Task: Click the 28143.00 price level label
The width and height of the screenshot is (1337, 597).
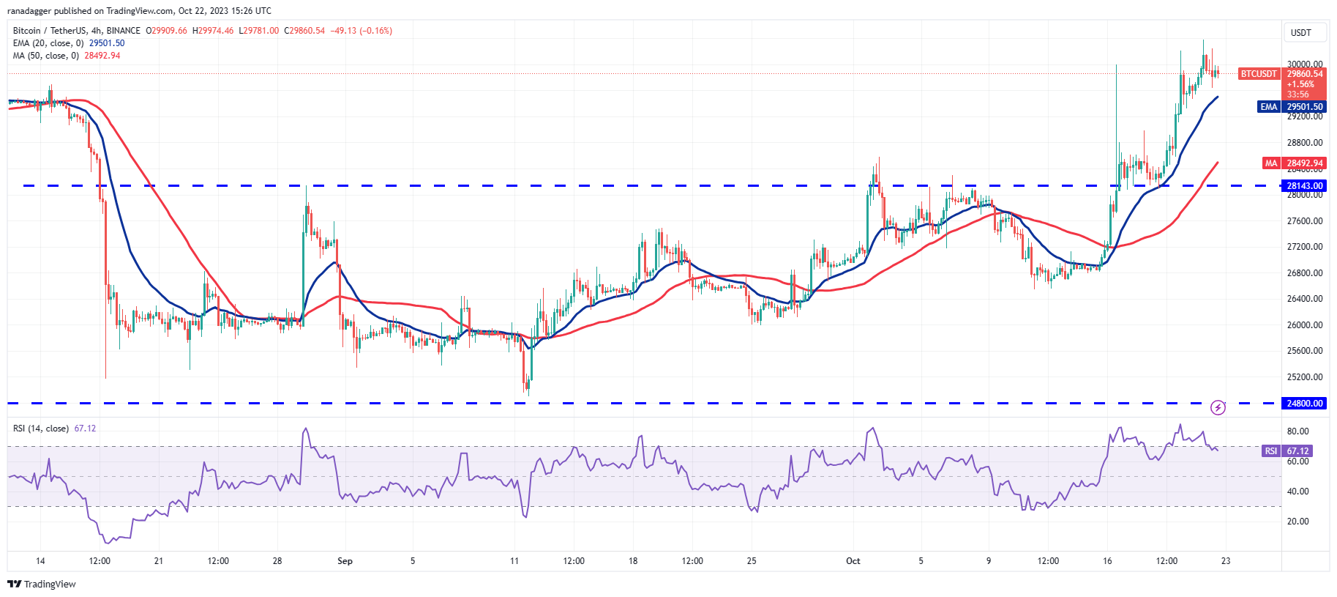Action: (1305, 186)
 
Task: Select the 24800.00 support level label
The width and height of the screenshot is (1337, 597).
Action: (1305, 404)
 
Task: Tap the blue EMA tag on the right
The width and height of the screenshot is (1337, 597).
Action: (1268, 107)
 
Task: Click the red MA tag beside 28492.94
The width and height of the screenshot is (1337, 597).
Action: (1270, 163)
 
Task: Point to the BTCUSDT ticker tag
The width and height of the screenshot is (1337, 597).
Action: (1258, 74)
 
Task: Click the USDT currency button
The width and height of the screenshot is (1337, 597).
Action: (1300, 33)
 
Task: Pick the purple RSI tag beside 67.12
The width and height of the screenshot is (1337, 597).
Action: (1270, 451)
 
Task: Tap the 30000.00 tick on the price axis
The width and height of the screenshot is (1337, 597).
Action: (1305, 64)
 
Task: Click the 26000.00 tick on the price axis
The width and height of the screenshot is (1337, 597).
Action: (1305, 325)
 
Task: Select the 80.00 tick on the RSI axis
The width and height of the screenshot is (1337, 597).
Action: (1298, 431)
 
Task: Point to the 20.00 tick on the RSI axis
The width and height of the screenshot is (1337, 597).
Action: (1298, 522)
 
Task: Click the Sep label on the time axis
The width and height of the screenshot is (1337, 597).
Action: (345, 561)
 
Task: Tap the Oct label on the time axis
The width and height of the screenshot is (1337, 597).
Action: (853, 561)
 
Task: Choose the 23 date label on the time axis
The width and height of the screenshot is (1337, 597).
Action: (1226, 561)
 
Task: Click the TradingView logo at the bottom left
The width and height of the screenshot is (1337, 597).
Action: (42, 584)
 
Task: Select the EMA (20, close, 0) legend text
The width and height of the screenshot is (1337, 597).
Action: (48, 43)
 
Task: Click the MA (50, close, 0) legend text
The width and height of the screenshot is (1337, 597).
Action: (45, 56)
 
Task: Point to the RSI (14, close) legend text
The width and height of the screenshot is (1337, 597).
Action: (41, 429)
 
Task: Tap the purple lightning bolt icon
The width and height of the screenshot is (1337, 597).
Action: (1218, 407)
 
